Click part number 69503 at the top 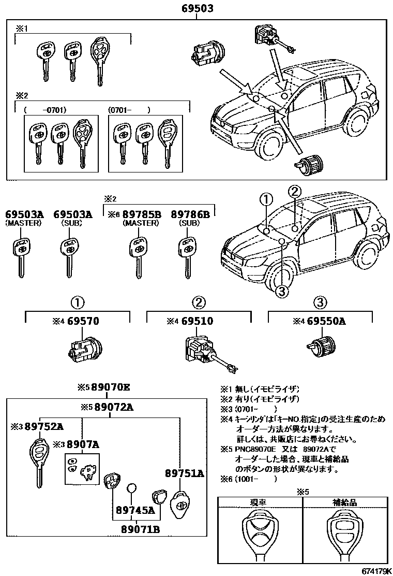pyautogui.click(x=197, y=9)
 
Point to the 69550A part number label pyautogui.click(x=326, y=322)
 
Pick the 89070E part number pyautogui.click(x=111, y=387)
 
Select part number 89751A pyautogui.click(x=185, y=473)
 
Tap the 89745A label pyautogui.click(x=135, y=510)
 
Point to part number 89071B pyautogui.click(x=141, y=529)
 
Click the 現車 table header pyautogui.click(x=260, y=503)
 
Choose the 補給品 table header pyautogui.click(x=344, y=503)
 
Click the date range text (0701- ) pyautogui.click(x=129, y=110)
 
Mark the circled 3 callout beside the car pyautogui.click(x=281, y=293)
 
